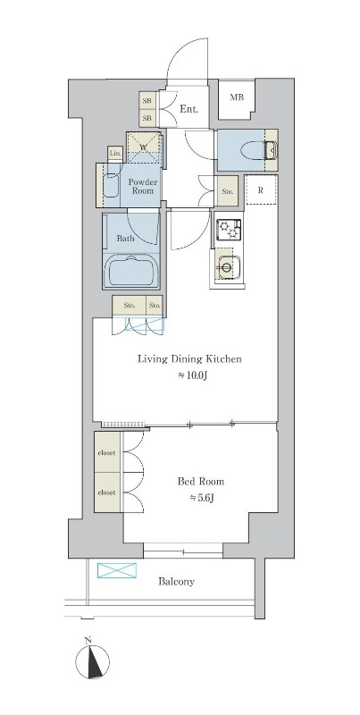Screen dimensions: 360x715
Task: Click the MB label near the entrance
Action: click(x=237, y=97)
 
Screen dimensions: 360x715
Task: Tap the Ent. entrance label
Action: click(x=189, y=109)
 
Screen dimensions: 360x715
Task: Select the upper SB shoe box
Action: click(x=147, y=101)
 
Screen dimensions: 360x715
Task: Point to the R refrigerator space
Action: click(x=261, y=190)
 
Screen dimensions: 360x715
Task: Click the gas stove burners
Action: click(x=229, y=230)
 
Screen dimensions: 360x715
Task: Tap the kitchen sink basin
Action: click(x=228, y=264)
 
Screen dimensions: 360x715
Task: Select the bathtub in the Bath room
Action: click(x=131, y=271)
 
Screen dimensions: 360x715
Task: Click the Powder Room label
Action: click(x=143, y=187)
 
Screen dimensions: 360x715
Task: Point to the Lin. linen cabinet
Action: click(x=115, y=154)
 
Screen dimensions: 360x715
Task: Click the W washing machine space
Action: click(x=144, y=147)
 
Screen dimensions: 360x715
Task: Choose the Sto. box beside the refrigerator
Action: click(x=228, y=191)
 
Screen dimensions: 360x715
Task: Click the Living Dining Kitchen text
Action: click(x=189, y=359)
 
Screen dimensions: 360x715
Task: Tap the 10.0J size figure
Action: click(x=189, y=375)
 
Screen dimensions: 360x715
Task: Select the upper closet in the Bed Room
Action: click(x=108, y=452)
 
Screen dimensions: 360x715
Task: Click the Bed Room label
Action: click(x=200, y=482)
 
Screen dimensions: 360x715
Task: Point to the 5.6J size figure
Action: click(x=201, y=498)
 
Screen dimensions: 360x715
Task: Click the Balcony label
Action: click(x=176, y=582)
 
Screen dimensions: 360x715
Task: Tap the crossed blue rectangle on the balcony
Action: click(x=117, y=570)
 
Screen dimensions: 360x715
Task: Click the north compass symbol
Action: click(x=93, y=661)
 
